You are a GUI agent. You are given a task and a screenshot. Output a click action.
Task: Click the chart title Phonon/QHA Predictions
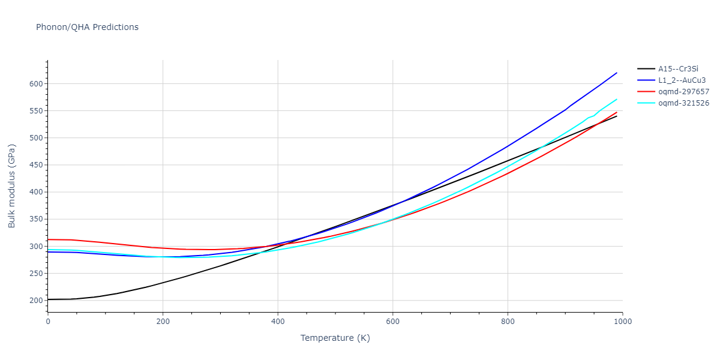point(87,27)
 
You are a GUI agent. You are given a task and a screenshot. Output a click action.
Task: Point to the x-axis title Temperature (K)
point(335,338)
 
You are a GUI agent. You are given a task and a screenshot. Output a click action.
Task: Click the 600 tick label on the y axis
point(35,84)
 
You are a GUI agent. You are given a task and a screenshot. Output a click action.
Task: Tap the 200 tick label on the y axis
point(35,301)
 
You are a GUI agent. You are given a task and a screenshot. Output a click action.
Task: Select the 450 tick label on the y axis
point(35,165)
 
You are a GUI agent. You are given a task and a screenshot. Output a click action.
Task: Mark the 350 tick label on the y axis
point(35,219)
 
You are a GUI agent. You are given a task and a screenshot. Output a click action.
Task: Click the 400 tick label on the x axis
point(277,322)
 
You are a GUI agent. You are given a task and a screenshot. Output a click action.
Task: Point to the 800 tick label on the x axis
point(508,322)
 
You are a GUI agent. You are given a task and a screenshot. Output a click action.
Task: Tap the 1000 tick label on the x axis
point(622,322)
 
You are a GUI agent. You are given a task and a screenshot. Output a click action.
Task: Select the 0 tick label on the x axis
point(48,322)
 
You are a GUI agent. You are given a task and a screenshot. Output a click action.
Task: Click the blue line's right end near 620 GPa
point(616,73)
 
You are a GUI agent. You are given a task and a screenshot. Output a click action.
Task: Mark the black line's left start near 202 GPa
point(48,299)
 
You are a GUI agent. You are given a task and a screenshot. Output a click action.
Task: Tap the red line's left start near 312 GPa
point(48,239)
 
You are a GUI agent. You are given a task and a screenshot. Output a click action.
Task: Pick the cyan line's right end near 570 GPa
point(616,100)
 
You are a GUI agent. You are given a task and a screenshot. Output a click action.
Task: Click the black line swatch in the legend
point(646,69)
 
